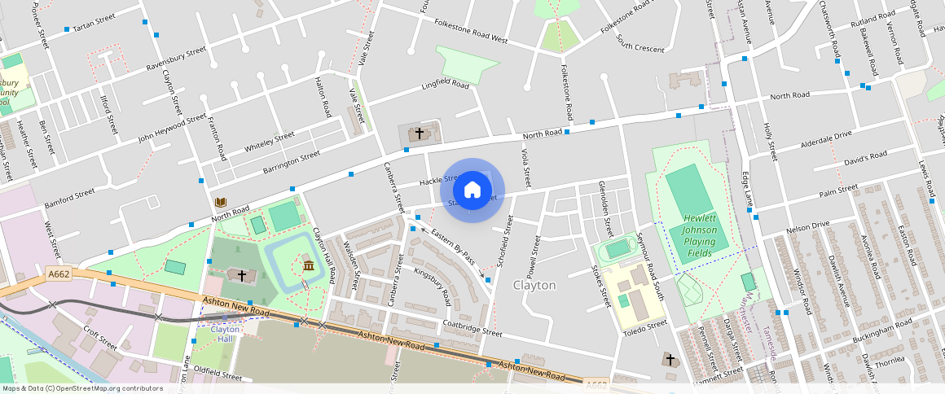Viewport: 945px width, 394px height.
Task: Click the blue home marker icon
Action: pyautogui.click(x=472, y=190)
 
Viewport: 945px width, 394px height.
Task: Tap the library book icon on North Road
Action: pyautogui.click(x=220, y=202)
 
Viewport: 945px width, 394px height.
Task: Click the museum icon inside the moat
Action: pyautogui.click(x=309, y=266)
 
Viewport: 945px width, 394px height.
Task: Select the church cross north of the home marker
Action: pyautogui.click(x=420, y=133)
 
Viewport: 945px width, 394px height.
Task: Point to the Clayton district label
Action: pyautogui.click(x=534, y=286)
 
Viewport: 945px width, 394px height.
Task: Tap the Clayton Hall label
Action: pyautogui.click(x=226, y=334)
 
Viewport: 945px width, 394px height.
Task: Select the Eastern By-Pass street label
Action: pyautogui.click(x=453, y=246)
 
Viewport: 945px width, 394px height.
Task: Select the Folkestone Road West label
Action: pyautogui.click(x=471, y=33)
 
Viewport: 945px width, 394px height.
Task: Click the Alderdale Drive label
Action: pyautogui.click(x=826, y=135)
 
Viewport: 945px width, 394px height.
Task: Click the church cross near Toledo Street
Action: pyautogui.click(x=670, y=359)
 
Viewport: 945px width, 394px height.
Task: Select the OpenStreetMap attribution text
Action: pyautogui.click(x=81, y=388)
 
